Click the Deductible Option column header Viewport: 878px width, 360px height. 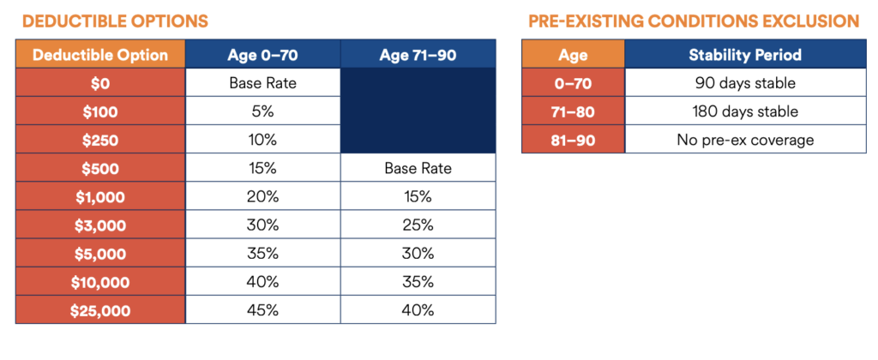click(x=100, y=55)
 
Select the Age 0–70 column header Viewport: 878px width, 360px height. click(x=262, y=55)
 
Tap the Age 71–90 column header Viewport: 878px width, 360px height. click(x=418, y=55)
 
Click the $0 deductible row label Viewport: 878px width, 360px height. click(x=100, y=83)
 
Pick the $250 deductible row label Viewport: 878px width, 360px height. click(x=100, y=140)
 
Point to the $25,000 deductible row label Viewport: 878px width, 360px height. click(x=100, y=310)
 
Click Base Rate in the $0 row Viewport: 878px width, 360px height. click(x=262, y=83)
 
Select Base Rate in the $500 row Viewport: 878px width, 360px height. click(x=418, y=168)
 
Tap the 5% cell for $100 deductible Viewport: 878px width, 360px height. click(x=262, y=111)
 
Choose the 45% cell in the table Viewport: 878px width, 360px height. click(x=262, y=310)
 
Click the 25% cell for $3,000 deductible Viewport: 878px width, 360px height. click(x=418, y=225)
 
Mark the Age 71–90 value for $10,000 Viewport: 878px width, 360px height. click(x=418, y=282)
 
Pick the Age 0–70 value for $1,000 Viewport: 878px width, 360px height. click(x=262, y=196)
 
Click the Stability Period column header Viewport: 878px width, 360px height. click(x=745, y=55)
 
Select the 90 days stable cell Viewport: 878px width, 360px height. click(x=745, y=83)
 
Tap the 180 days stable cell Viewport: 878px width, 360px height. click(x=745, y=111)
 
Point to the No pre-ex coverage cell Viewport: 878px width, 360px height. click(x=745, y=140)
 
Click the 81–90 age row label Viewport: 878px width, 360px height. click(x=573, y=140)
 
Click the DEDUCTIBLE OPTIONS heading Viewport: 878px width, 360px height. click(x=115, y=21)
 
